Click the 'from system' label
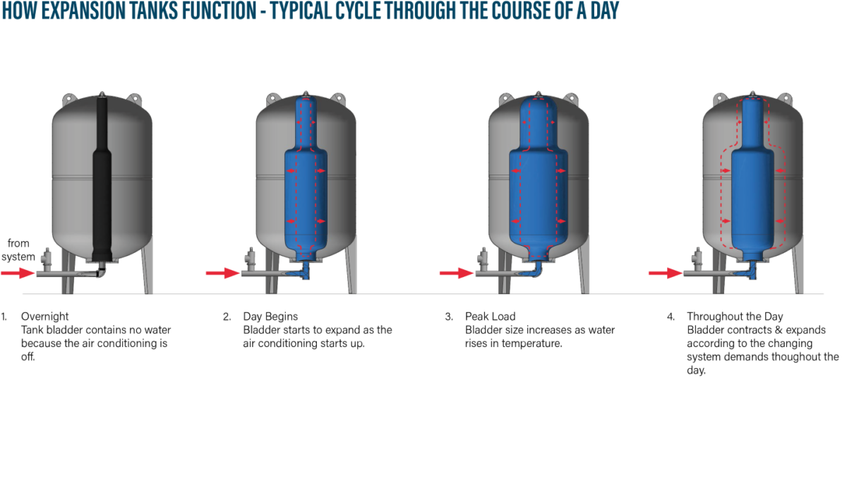point(19,249)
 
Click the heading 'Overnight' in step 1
point(45,317)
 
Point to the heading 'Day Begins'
point(270,317)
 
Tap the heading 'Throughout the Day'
point(735,317)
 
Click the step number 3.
point(448,317)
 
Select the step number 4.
point(671,317)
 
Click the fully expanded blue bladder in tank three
point(539,184)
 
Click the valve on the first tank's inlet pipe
point(47,259)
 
